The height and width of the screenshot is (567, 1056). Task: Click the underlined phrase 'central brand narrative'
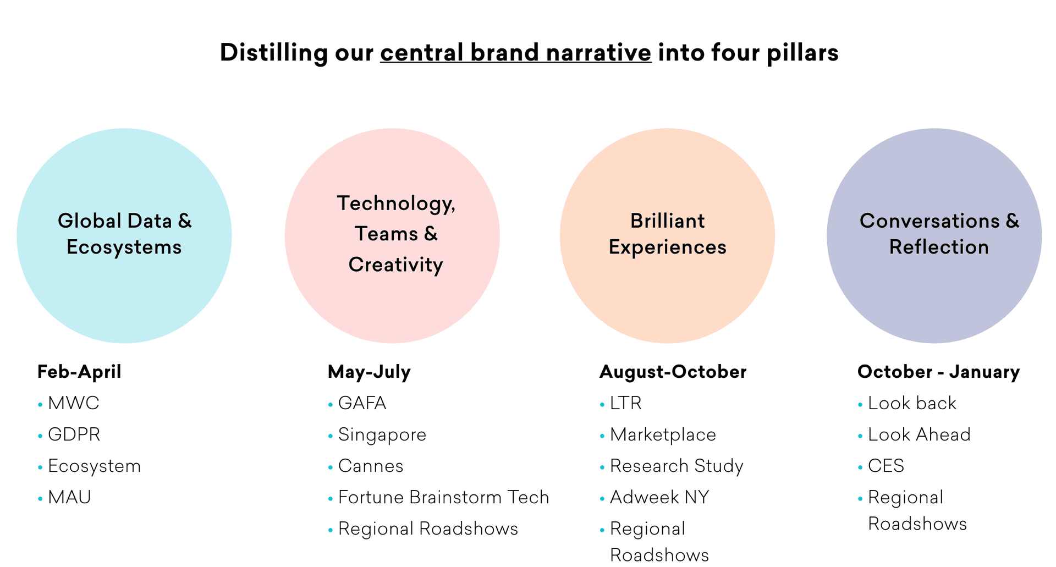[515, 53]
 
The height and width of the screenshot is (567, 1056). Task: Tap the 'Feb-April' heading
[79, 372]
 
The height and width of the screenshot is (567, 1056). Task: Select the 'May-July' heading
[369, 372]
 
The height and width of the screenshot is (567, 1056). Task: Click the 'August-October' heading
[673, 372]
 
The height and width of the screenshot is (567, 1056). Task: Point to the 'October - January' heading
[938, 372]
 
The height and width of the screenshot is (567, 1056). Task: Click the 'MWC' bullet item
[73, 403]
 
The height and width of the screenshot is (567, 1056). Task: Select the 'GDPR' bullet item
[74, 434]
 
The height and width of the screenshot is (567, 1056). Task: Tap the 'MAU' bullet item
[69, 497]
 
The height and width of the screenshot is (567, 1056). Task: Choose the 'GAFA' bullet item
[362, 403]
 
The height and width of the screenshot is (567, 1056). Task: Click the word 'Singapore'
[382, 434]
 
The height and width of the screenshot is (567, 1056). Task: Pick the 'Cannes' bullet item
[371, 466]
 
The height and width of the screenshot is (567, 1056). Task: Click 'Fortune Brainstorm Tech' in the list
[443, 497]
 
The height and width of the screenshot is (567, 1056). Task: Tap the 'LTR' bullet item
[625, 403]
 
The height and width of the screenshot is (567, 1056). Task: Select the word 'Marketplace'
[663, 434]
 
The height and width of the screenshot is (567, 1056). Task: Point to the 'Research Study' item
[676, 466]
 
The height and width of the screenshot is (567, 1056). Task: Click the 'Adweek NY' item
[659, 497]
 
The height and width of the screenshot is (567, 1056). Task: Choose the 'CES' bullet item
[886, 466]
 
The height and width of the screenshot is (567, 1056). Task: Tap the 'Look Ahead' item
[919, 434]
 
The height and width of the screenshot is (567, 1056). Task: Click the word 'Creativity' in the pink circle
[395, 265]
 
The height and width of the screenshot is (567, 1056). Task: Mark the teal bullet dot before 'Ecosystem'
[40, 467]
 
